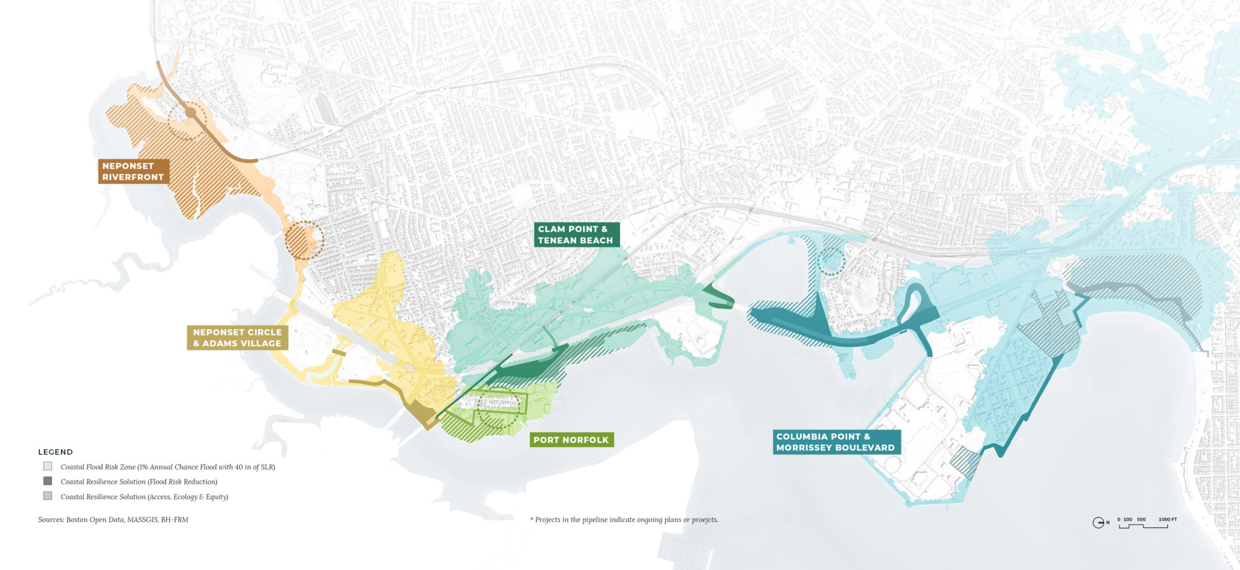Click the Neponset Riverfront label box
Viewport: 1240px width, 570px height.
point(133,172)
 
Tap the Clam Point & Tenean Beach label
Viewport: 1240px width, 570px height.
point(576,235)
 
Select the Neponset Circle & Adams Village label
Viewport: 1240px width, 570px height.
point(237,338)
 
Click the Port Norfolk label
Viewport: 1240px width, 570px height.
point(571,440)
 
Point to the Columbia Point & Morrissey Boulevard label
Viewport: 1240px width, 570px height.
point(836,442)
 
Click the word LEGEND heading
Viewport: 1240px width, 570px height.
point(56,452)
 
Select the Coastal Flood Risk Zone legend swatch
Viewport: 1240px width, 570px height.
point(48,466)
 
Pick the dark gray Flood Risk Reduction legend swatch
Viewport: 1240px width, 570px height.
point(48,481)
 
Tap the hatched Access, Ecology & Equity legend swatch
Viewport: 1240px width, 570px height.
point(48,496)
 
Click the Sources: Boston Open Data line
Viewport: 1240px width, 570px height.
point(113,520)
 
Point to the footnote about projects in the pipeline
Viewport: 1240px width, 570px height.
point(624,520)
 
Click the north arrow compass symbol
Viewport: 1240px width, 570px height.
point(1098,523)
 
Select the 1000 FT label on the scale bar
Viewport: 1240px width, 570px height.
point(1167,519)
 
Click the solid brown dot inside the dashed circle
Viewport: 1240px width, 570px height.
point(190,113)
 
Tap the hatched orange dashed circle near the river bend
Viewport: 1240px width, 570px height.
point(304,241)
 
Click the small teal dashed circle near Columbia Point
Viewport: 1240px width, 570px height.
point(831,261)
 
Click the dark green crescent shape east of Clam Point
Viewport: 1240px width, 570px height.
point(719,297)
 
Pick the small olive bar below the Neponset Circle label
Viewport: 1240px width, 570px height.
point(339,352)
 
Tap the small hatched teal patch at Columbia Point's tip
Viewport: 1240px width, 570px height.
point(965,462)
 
